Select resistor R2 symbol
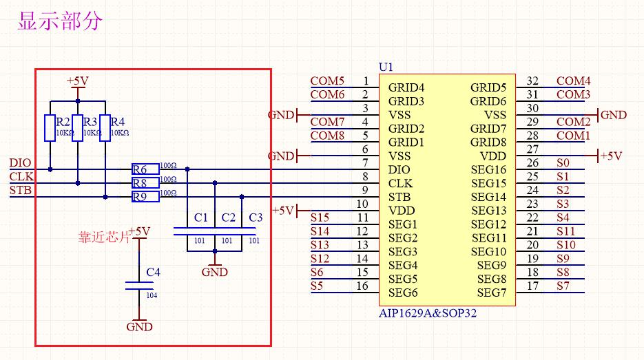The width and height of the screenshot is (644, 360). pyautogui.click(x=50, y=128)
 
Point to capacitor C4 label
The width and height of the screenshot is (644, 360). pyautogui.click(x=153, y=273)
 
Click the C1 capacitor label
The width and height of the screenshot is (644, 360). pyautogui.click(x=200, y=218)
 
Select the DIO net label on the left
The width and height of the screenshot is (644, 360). pyautogui.click(x=20, y=163)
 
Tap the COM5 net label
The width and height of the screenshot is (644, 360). pyautogui.click(x=327, y=81)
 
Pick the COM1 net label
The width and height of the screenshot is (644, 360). pyautogui.click(x=573, y=136)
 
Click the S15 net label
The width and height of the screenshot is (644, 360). pyautogui.click(x=320, y=218)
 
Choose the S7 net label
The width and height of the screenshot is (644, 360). pyautogui.click(x=563, y=286)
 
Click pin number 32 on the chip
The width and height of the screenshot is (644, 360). pyautogui.click(x=532, y=81)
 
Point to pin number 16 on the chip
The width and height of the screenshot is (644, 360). pyautogui.click(x=362, y=286)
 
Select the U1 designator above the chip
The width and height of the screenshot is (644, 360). pyautogui.click(x=386, y=67)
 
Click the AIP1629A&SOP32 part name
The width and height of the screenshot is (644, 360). pyautogui.click(x=427, y=313)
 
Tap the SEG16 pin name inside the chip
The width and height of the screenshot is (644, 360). pyautogui.click(x=488, y=169)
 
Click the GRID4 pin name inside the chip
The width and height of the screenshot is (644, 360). pyautogui.click(x=406, y=87)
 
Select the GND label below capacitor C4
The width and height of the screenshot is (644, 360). pyautogui.click(x=139, y=327)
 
